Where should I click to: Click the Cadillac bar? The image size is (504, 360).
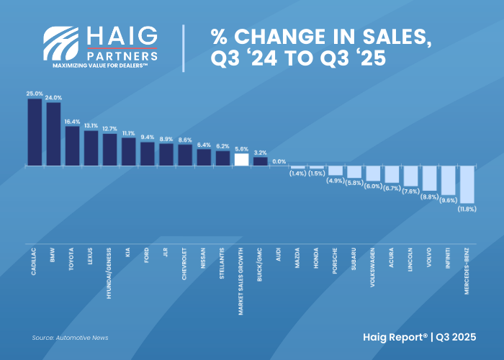(x=35, y=132)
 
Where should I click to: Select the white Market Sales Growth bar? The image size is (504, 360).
(x=241, y=160)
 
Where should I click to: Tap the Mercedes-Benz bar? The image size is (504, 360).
(x=466, y=184)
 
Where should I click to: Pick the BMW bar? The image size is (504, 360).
(x=53, y=134)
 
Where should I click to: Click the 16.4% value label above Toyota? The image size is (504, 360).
(x=72, y=122)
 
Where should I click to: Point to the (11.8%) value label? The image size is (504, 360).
(x=467, y=210)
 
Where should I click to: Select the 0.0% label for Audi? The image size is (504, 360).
(x=279, y=162)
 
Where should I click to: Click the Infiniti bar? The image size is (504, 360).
(x=447, y=180)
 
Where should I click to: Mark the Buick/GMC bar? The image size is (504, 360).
(x=260, y=161)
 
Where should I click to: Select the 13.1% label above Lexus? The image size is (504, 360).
(x=91, y=125)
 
